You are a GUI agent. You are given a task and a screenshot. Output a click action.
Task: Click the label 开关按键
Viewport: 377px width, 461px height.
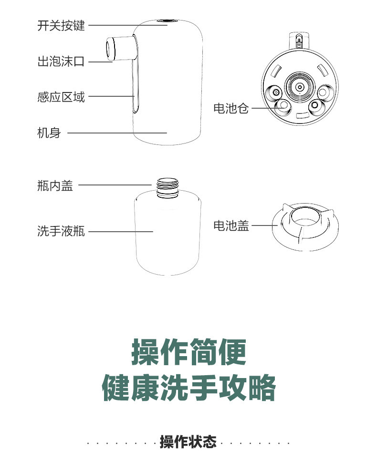click(61, 26)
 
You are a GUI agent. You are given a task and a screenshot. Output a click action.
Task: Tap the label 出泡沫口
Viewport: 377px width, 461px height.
click(61, 61)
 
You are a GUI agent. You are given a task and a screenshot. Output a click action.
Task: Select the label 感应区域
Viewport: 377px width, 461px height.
click(61, 97)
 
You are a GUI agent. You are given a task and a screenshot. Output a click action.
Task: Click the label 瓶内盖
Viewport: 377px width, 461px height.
click(55, 185)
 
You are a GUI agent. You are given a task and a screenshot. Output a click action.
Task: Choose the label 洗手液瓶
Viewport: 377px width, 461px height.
click(61, 232)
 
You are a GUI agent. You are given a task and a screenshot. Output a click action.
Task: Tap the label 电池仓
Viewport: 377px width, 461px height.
click(231, 109)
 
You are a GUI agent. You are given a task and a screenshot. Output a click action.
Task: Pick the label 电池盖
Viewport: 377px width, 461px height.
click(231, 226)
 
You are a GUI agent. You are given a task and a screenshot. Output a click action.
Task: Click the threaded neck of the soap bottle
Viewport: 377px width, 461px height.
click(167, 188)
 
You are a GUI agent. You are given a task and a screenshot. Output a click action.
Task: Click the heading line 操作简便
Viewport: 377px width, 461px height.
click(189, 352)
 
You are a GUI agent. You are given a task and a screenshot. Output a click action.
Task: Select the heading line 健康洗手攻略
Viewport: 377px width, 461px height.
click(189, 388)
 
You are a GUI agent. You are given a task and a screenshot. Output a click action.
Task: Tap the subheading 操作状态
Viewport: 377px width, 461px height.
click(188, 442)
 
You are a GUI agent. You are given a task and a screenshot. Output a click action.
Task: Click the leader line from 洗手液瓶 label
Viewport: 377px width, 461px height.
click(120, 232)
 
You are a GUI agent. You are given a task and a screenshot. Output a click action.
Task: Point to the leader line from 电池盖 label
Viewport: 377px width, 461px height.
click(262, 226)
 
